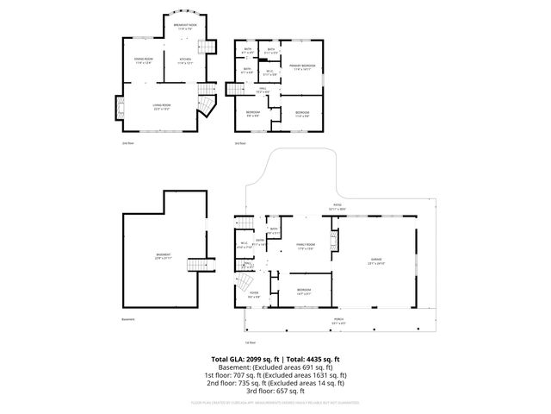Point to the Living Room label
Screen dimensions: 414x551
pos(161,107)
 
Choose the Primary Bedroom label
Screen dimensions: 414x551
pos(302,67)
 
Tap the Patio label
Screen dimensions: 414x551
pos(337,206)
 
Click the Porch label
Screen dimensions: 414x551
pos(338,320)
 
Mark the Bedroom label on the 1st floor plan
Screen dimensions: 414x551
pos(304,291)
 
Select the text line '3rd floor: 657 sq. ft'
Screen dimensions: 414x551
pos(275,390)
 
